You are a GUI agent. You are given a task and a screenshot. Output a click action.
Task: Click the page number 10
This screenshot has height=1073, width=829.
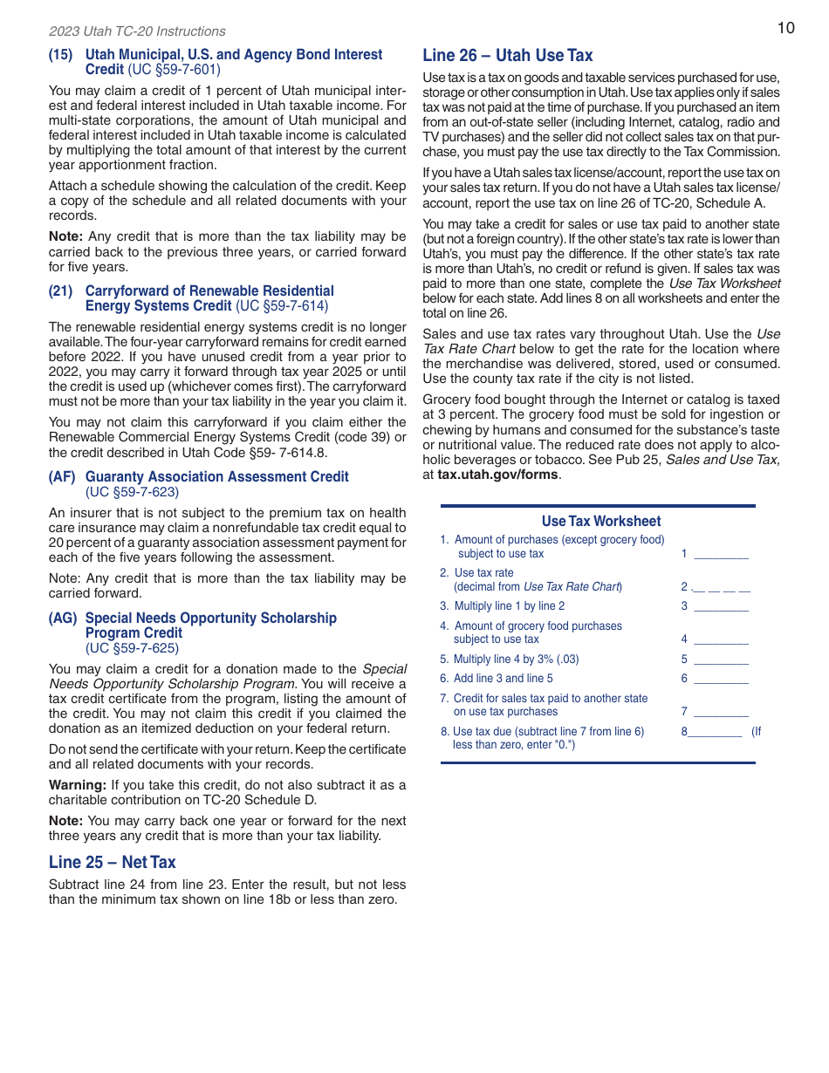pyautogui.click(x=785, y=28)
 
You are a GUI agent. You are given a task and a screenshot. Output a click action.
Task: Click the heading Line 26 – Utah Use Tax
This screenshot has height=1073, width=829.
pyautogui.click(x=507, y=56)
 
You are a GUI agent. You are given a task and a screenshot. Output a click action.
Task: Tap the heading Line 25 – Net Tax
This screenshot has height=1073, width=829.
pyautogui.click(x=112, y=862)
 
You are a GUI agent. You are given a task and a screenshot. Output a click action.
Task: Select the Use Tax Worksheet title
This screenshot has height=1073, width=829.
pyautogui.click(x=600, y=521)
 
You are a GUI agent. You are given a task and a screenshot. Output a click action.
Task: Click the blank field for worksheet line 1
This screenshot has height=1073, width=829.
pyautogui.click(x=721, y=554)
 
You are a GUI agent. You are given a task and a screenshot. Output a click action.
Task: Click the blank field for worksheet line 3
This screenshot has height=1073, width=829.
pyautogui.click(x=721, y=606)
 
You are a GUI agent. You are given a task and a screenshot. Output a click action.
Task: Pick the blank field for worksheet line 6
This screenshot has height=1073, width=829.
pyautogui.click(x=721, y=679)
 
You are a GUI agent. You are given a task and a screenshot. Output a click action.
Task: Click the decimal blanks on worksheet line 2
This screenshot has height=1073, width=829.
pyautogui.click(x=721, y=587)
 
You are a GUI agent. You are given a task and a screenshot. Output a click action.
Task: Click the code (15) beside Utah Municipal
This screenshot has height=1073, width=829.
pyautogui.click(x=60, y=54)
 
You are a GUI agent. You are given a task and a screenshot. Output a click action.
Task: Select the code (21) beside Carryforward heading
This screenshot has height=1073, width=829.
pyautogui.click(x=60, y=290)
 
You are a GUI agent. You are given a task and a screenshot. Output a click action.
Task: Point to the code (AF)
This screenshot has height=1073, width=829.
pyautogui.click(x=62, y=476)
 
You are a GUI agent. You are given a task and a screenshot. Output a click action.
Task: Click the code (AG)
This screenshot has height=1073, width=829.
pyautogui.click(x=63, y=618)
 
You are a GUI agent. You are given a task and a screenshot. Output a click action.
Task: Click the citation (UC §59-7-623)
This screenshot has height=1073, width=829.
pyautogui.click(x=132, y=492)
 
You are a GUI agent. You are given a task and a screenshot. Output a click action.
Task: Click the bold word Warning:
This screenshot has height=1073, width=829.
pyautogui.click(x=77, y=784)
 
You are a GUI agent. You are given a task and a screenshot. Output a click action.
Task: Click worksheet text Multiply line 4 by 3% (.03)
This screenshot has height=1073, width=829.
pyautogui.click(x=516, y=660)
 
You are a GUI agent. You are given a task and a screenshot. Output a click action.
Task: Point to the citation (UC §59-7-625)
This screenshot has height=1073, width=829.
pyautogui.click(x=132, y=648)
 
